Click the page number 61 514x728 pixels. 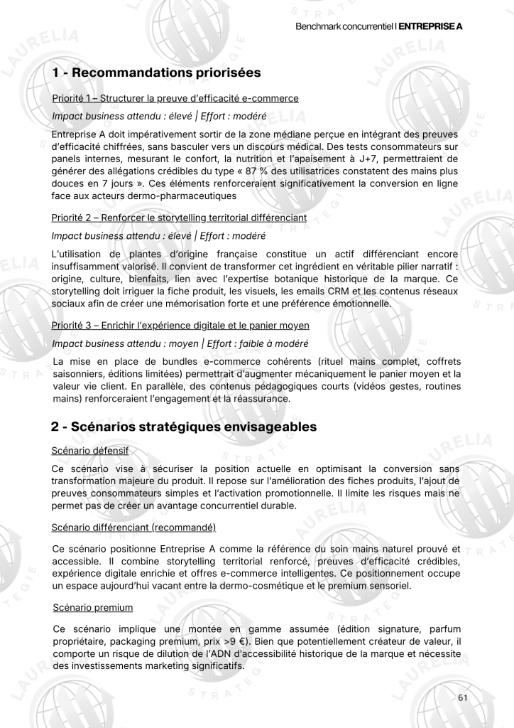(463, 697)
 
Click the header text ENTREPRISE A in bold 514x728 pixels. (430, 26)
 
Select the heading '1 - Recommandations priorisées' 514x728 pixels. (156, 73)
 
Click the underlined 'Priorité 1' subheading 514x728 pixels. (175, 98)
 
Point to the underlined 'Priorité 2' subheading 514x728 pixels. (179, 218)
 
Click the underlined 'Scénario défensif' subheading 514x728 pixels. (89, 451)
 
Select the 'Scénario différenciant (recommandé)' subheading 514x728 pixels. (133, 527)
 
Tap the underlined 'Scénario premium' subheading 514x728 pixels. (92, 608)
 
